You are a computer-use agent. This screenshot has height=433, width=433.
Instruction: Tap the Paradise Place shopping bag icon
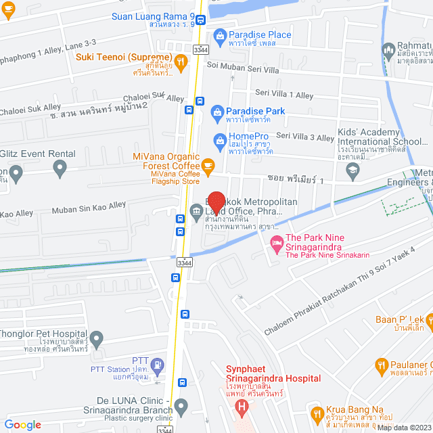[219, 35]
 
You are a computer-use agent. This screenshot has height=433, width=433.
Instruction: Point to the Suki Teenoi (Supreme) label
[124, 57]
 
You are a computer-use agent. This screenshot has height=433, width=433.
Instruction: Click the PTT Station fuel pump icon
[158, 365]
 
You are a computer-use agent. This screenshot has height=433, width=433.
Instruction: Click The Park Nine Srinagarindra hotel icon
[276, 243]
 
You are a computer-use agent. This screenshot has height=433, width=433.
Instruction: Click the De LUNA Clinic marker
[181, 407]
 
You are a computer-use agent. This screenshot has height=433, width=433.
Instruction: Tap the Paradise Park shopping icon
[217, 111]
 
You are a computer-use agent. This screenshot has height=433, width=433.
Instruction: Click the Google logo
[22, 424]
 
